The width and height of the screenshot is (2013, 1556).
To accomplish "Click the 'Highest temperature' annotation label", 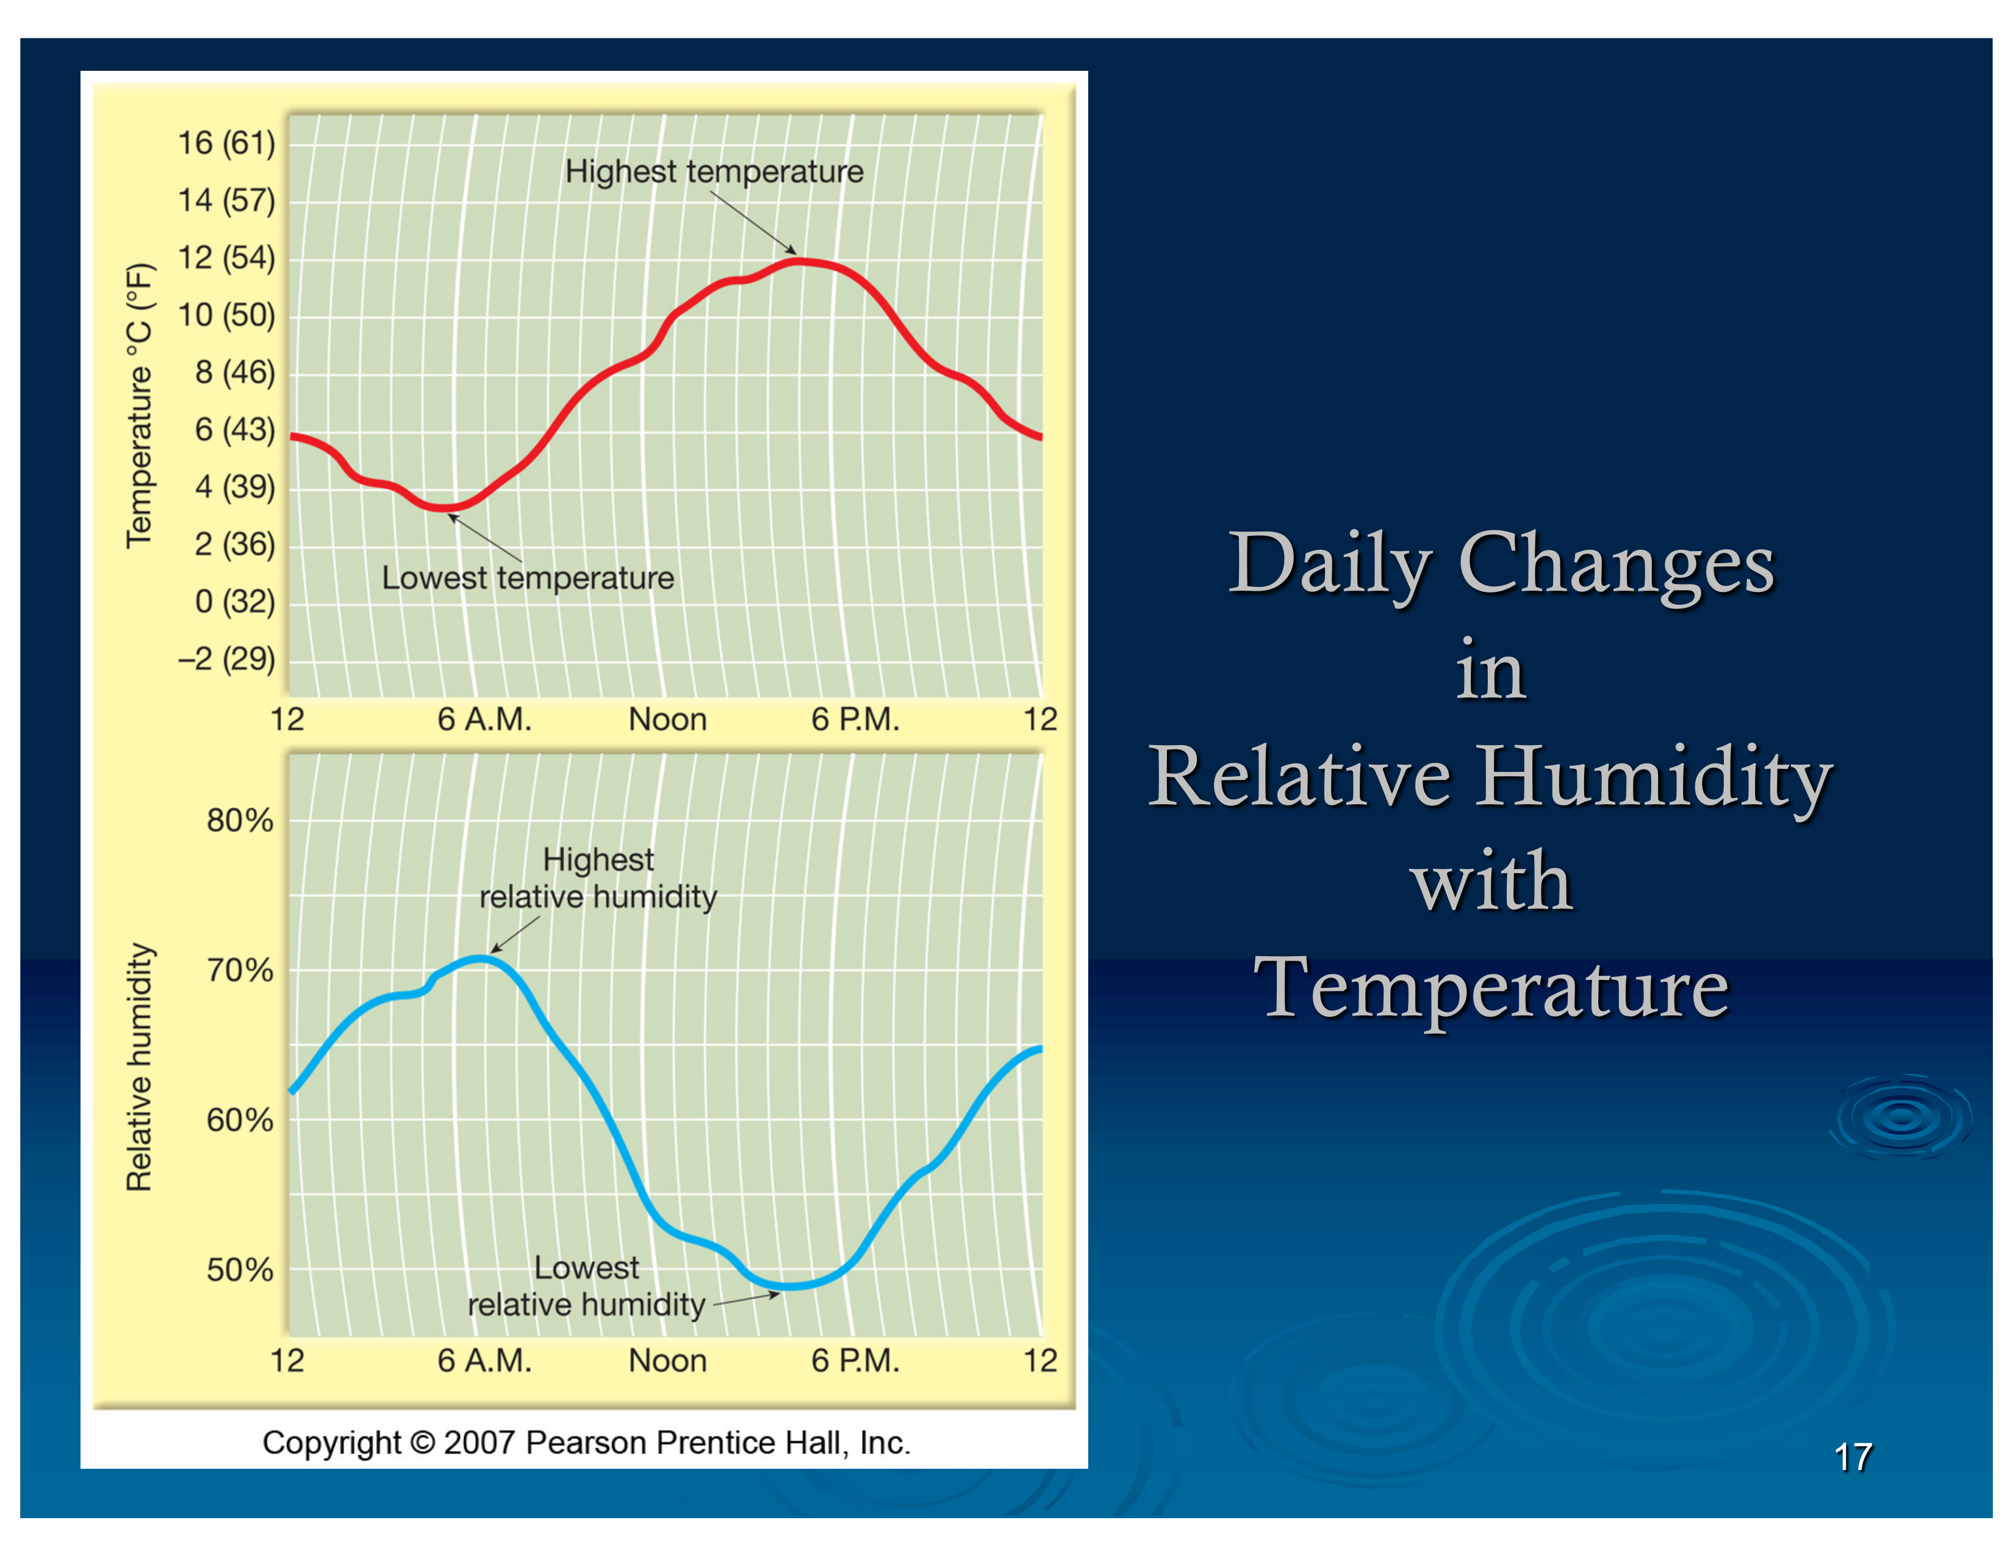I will pyautogui.click(x=714, y=171).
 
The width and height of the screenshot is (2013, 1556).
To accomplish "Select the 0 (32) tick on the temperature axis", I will pyautogui.click(x=234, y=601).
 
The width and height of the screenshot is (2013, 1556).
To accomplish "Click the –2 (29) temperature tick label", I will pyautogui.click(x=226, y=659).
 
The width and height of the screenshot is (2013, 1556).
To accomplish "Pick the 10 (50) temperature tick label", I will pyautogui.click(x=226, y=315).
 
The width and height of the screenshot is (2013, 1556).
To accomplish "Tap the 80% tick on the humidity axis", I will pyautogui.click(x=240, y=819).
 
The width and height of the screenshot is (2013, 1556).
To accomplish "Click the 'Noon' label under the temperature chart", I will pyautogui.click(x=667, y=719).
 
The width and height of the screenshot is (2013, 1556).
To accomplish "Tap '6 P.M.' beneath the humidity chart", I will pyautogui.click(x=855, y=1361).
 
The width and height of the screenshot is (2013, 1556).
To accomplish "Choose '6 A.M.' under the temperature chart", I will pyautogui.click(x=484, y=719).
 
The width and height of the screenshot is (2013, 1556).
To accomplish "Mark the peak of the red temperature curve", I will pyautogui.click(x=800, y=261).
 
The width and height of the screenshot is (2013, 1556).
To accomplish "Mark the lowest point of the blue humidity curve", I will pyautogui.click(x=791, y=1286).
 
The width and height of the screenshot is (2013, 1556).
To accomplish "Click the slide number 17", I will pyautogui.click(x=1853, y=1457).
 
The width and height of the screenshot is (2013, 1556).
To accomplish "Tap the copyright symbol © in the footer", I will pyautogui.click(x=422, y=1443).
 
